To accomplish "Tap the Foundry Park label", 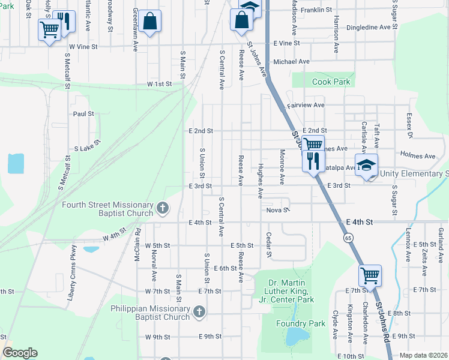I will point(306,323).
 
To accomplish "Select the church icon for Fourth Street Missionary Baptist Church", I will point(162,208).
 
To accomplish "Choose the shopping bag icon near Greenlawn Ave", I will point(150,22).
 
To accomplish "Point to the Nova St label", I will point(278,211).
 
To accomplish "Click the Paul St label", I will point(83,113).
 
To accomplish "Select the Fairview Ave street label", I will point(306,105).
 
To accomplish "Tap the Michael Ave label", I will point(291,61).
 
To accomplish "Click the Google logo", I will point(20,353).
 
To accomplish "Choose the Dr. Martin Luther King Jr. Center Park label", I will point(282,291).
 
